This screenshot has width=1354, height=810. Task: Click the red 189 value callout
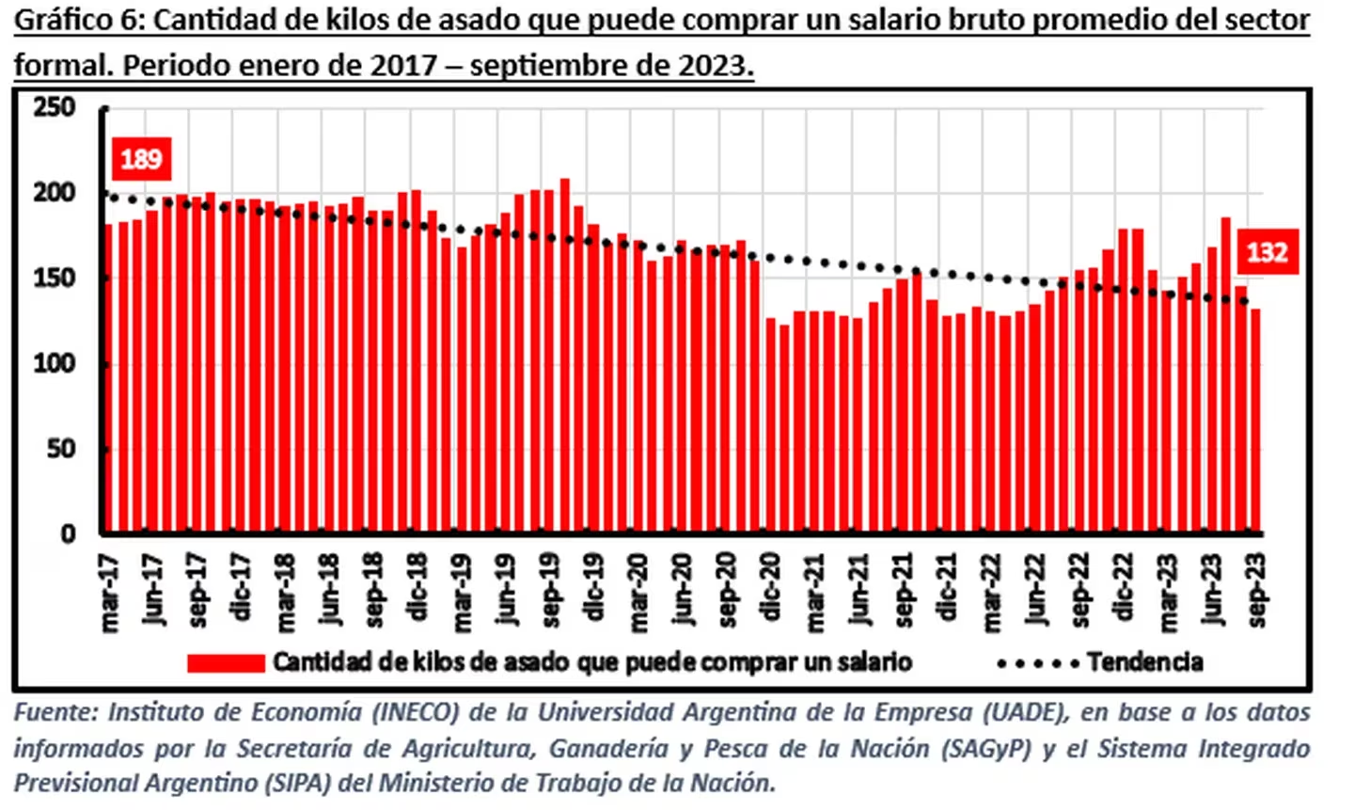pyautogui.click(x=141, y=158)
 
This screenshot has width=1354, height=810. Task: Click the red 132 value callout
pyautogui.click(x=1266, y=252)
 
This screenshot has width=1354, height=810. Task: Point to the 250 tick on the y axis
pyautogui.click(x=55, y=108)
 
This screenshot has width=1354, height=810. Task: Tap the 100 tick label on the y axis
pyautogui.click(x=55, y=364)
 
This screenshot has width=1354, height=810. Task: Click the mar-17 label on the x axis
pyautogui.click(x=111, y=593)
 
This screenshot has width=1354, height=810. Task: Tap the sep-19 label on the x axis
pyautogui.click(x=551, y=590)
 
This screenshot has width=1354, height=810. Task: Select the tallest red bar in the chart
pyautogui.click(x=565, y=357)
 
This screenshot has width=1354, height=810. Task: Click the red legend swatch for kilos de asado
pyautogui.click(x=226, y=663)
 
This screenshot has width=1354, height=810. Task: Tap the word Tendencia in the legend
pyautogui.click(x=1144, y=662)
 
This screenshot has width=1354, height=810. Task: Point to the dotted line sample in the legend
pyautogui.click(x=1037, y=663)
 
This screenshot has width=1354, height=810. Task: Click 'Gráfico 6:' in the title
pyautogui.click(x=80, y=21)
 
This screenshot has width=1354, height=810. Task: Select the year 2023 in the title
pyautogui.click(x=712, y=66)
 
